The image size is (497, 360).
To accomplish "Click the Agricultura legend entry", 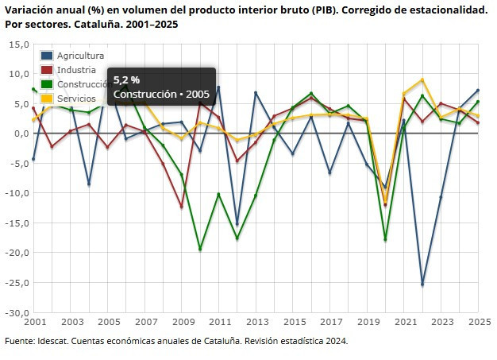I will (81, 56).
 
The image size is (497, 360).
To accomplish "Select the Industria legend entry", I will (77, 70).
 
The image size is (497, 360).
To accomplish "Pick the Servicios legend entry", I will (77, 98).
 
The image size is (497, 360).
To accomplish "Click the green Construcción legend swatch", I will (47, 84).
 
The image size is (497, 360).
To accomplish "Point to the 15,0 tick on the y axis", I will (19, 45).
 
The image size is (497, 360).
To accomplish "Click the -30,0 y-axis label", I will (17, 312).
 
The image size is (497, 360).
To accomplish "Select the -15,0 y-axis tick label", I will (17, 223).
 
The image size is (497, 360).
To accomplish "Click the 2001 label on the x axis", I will (34, 323).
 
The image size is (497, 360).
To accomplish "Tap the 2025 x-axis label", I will (478, 323).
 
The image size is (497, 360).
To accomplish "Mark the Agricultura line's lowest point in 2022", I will (422, 285).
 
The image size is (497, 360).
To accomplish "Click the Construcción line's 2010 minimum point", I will (200, 249).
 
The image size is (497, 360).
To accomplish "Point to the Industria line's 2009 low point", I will (182, 207).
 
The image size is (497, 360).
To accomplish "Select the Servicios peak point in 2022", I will (422, 80).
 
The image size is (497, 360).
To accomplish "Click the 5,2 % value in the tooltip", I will (127, 80).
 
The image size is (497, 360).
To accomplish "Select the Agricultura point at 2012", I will (237, 225).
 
